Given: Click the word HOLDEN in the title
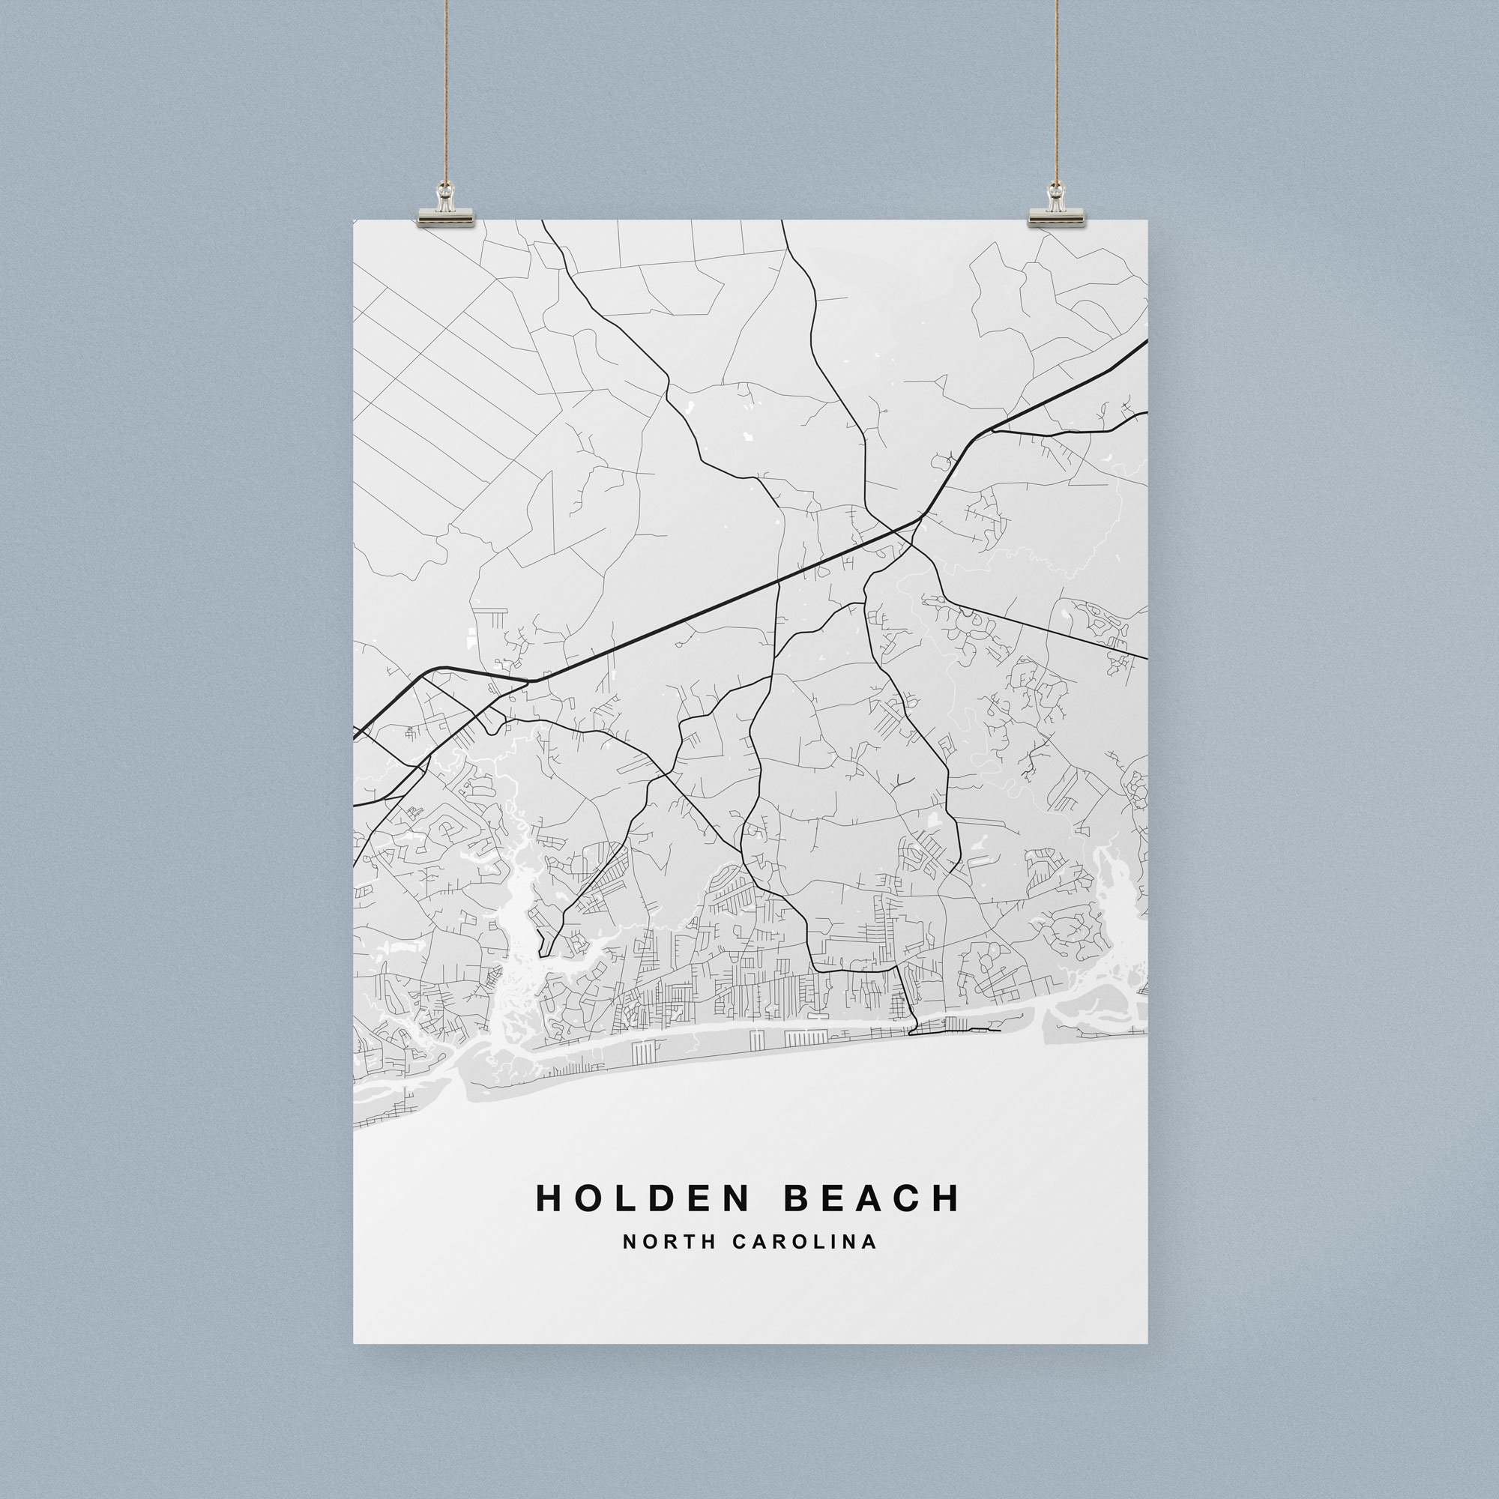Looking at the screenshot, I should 642,1197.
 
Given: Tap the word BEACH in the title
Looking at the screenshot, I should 872,1197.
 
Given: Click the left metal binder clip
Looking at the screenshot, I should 445,212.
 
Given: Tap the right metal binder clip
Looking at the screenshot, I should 1056,212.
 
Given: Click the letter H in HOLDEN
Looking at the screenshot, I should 549,1197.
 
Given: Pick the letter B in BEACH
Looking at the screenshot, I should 798,1197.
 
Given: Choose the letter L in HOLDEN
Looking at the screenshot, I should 624,1197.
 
